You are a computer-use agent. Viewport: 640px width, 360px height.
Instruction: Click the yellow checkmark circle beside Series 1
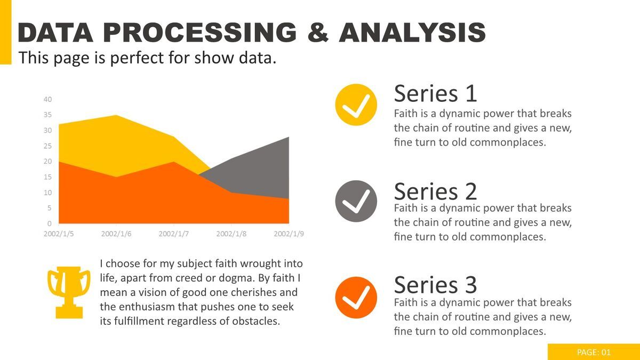(356, 105)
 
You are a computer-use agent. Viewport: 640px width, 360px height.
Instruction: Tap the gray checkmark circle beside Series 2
(356, 201)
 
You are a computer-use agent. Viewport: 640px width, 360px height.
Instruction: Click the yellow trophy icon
(69, 292)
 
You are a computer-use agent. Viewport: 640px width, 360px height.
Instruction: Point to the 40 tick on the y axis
(47, 99)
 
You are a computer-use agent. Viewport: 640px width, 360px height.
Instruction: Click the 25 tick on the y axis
(47, 146)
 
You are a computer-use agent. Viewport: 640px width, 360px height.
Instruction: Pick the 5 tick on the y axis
(49, 208)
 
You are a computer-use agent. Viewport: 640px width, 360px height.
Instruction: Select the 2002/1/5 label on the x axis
(59, 234)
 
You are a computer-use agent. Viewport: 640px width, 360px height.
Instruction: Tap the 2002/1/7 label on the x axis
(174, 234)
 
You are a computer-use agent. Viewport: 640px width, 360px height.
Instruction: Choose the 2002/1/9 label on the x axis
(289, 234)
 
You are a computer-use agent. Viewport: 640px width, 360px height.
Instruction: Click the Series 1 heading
(435, 94)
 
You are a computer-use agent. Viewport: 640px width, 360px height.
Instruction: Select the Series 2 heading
(435, 191)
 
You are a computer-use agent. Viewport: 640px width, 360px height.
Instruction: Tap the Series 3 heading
(435, 285)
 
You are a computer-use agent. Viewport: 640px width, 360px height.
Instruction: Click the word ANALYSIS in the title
(412, 33)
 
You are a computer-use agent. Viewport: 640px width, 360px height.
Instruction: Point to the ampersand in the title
(318, 33)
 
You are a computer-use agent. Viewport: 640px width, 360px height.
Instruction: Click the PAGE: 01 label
(594, 352)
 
